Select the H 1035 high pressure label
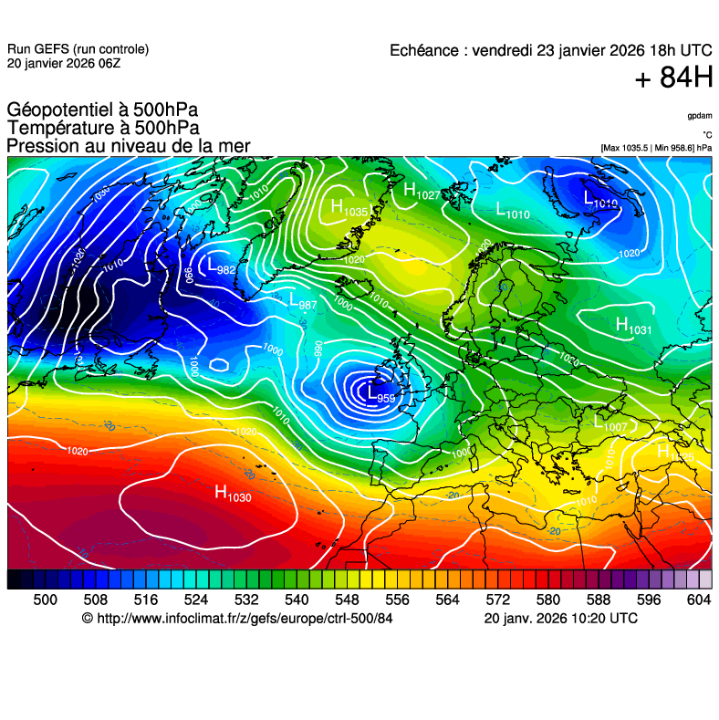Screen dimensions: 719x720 tap(349, 209)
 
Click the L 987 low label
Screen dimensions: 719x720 tap(302, 300)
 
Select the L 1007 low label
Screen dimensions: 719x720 tap(610, 423)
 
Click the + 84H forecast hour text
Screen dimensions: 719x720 tap(673, 78)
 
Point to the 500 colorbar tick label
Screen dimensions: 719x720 tap(45, 600)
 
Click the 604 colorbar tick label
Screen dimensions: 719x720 tap(698, 600)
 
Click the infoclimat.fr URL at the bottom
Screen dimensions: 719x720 tap(237, 619)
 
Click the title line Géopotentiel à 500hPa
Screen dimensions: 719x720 tap(101, 110)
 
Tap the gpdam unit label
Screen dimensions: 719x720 tap(700, 116)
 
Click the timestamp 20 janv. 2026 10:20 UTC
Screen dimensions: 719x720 tap(560, 619)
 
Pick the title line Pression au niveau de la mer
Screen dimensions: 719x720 tap(128, 147)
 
